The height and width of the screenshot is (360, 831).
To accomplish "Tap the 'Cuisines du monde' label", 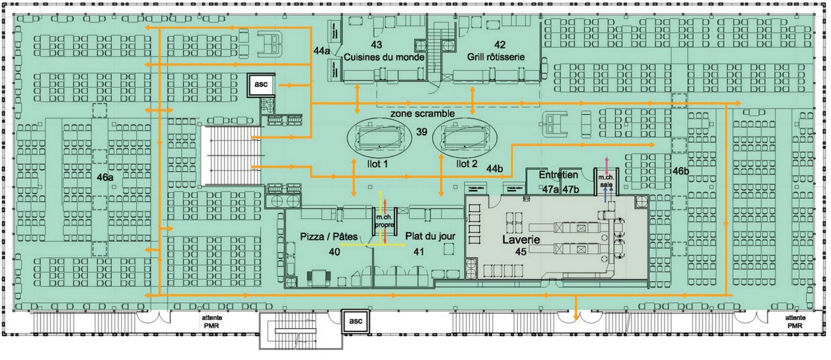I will pyautogui.click(x=384, y=57).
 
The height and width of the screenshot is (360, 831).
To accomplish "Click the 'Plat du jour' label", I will pyautogui.click(x=430, y=236).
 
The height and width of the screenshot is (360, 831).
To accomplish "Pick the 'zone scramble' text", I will pyautogui.click(x=423, y=113).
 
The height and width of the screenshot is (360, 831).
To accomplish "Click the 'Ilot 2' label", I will pyautogui.click(x=466, y=164).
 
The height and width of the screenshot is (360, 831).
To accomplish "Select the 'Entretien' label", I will pyautogui.click(x=558, y=175).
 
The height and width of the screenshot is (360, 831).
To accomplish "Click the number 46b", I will pyautogui.click(x=680, y=171).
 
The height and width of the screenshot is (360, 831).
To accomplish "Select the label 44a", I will pyautogui.click(x=321, y=50).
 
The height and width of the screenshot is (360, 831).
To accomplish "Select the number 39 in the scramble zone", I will pyautogui.click(x=423, y=133).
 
